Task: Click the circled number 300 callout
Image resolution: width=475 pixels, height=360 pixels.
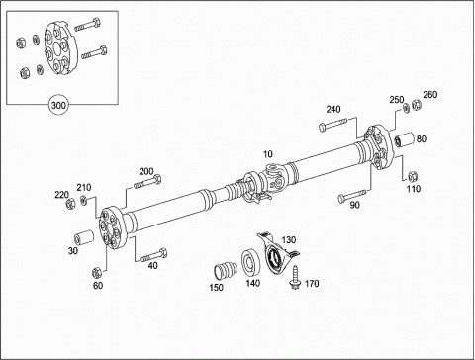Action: [58, 106]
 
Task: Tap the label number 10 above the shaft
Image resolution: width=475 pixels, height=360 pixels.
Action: [268, 154]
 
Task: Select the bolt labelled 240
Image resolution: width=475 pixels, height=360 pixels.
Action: [332, 124]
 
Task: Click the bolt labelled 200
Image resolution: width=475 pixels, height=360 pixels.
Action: [147, 182]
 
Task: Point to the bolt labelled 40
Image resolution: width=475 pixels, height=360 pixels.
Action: [153, 256]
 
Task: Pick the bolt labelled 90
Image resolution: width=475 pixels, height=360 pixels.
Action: [352, 195]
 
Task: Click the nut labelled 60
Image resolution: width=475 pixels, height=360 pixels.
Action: [97, 272]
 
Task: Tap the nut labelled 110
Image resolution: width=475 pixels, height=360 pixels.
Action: [413, 176]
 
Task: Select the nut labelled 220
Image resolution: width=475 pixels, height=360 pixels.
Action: [70, 204]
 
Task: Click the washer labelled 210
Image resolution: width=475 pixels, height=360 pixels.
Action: [84, 200]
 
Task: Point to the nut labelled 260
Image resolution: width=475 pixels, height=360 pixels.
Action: [417, 104]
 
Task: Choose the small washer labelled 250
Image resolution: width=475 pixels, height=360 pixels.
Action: [407, 108]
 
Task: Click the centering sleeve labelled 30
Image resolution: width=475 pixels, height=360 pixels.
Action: [84, 237]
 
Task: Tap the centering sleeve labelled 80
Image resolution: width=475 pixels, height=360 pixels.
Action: [404, 139]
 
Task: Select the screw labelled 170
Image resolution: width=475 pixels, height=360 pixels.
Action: [295, 277]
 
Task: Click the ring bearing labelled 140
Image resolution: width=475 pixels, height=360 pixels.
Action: [251, 263]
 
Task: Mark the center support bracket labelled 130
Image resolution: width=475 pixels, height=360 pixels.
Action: [277, 252]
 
